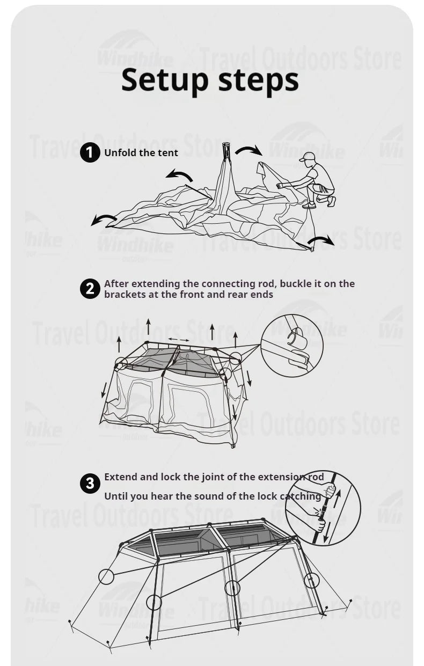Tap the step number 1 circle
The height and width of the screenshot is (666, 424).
[90, 153]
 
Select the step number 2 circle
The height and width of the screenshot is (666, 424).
[90, 289]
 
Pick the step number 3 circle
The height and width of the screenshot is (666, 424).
[90, 483]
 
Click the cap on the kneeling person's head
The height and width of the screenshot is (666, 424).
[308, 157]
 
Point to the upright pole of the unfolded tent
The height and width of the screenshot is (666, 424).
[225, 161]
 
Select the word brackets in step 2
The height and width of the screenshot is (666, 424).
[124, 294]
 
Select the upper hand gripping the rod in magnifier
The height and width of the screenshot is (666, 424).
[327, 491]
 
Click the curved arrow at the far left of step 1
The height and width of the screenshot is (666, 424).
[103, 219]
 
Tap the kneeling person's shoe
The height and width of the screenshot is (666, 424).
[310, 204]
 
